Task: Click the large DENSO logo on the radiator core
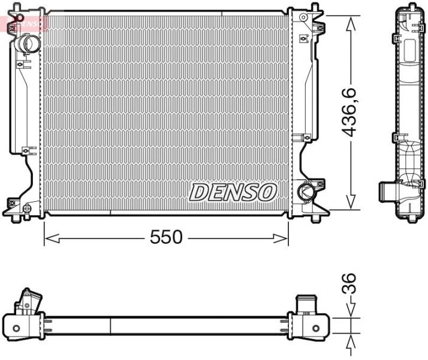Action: pos(233,192)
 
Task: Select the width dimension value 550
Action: pos(166,237)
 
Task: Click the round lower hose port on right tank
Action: pos(306,192)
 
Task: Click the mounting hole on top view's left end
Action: pos(16,327)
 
